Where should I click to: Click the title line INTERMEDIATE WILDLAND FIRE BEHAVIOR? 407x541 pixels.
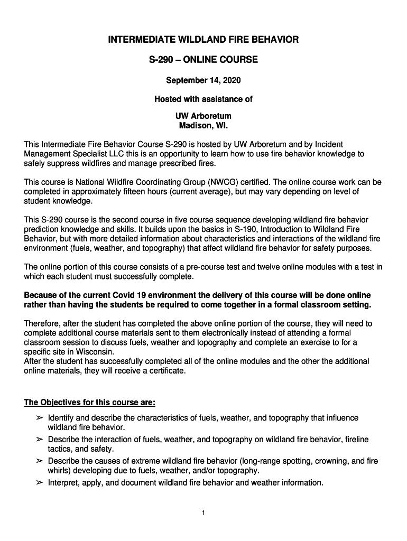[x=203, y=40]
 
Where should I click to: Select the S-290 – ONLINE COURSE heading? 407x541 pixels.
[x=203, y=60]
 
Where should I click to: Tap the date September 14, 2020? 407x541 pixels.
[x=203, y=80]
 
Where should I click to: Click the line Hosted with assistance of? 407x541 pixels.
[x=203, y=99]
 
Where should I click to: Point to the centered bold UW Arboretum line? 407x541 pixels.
[x=203, y=116]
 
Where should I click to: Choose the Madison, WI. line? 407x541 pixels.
[x=203, y=126]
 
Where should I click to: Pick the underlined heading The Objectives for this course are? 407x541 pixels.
[x=89, y=403]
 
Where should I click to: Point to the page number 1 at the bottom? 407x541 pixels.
[x=203, y=512]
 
